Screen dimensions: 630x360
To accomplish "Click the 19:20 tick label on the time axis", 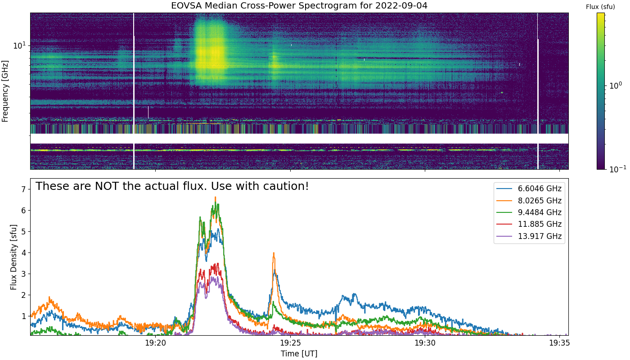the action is coord(156,343).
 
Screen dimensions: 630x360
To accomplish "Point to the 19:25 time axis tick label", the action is coord(290,343).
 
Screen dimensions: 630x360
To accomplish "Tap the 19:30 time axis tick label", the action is coord(425,343).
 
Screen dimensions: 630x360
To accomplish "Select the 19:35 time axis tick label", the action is coord(560,343).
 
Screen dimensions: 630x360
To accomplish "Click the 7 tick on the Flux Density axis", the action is coord(23,189).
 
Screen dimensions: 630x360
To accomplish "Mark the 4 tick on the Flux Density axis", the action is coord(23,253).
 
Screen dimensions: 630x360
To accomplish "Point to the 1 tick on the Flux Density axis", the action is coord(23,316).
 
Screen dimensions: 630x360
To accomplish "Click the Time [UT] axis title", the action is coord(299,354).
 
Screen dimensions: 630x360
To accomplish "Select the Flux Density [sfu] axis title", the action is coord(13,257).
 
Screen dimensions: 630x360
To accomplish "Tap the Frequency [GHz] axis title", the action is coord(5,91).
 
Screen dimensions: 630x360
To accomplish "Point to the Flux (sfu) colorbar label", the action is coord(600,7).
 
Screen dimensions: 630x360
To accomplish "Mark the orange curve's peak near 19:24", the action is coord(274,253).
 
